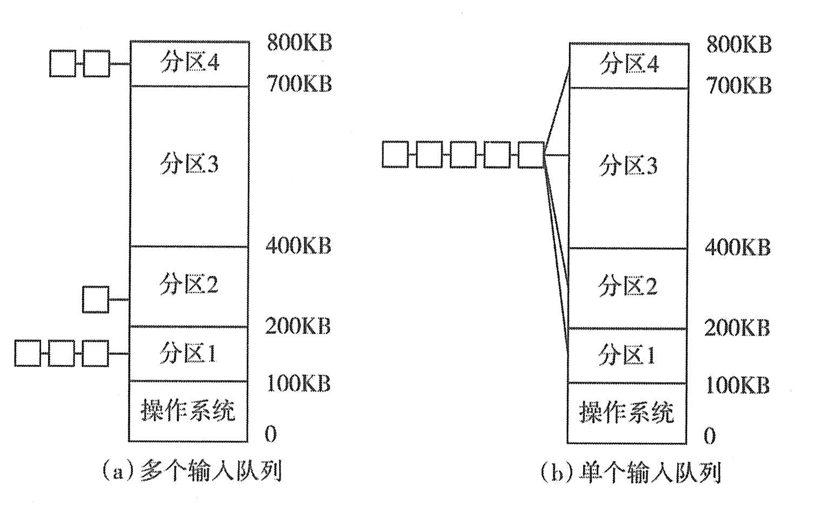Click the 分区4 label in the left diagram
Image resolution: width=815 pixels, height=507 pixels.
click(x=189, y=63)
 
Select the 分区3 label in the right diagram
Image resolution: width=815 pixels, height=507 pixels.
click(x=628, y=165)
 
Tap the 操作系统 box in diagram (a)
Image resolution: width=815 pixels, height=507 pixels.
click(x=188, y=410)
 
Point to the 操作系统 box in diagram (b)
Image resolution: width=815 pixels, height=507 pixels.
click(x=627, y=412)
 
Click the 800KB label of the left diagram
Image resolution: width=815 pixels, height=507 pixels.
click(x=299, y=43)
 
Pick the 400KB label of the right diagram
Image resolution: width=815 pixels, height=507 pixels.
click(x=737, y=248)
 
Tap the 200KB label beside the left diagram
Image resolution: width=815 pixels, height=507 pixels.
click(x=298, y=326)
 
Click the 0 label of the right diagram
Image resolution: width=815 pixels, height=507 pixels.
click(x=710, y=436)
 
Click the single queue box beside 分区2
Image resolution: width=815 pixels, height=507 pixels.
click(x=96, y=299)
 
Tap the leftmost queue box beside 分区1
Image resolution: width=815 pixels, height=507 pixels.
click(x=28, y=353)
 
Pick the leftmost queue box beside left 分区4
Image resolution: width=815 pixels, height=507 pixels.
click(x=63, y=64)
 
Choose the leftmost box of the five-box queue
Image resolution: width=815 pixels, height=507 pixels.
click(x=396, y=155)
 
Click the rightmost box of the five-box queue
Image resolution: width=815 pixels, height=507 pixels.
click(x=531, y=155)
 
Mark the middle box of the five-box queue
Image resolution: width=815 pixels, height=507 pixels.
click(x=463, y=155)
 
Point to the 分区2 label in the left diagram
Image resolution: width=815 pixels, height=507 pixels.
click(x=189, y=284)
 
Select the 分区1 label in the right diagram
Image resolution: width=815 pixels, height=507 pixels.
click(x=627, y=355)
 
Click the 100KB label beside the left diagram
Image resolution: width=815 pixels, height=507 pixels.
click(x=298, y=383)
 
